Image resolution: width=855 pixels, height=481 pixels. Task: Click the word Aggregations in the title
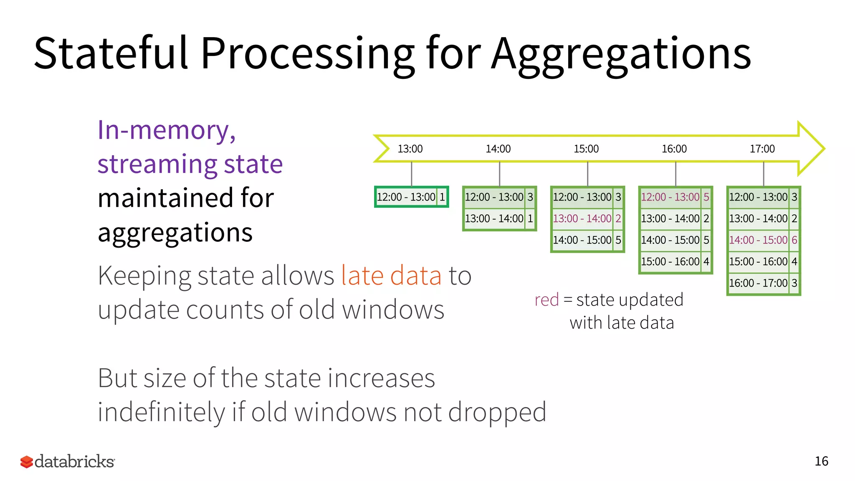[621, 54]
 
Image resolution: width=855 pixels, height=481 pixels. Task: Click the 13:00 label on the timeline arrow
[410, 149]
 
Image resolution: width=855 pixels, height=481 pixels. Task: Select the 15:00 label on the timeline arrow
[586, 149]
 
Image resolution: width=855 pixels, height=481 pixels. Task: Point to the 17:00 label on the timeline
[762, 149]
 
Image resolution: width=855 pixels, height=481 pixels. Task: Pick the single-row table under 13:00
[411, 197]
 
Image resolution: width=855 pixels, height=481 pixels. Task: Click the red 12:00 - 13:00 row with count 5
[675, 197]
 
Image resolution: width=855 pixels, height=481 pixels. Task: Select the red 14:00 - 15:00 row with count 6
[763, 240]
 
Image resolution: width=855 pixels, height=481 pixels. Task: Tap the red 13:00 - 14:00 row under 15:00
[587, 218]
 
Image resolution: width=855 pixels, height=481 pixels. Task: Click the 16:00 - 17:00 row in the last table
[763, 283]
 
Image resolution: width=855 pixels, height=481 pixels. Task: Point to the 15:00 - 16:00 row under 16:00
[675, 262]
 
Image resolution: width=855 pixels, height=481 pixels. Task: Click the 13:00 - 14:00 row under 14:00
[499, 218]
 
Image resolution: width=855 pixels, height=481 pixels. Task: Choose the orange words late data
[391, 276]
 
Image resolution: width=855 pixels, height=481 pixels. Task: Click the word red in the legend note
[546, 300]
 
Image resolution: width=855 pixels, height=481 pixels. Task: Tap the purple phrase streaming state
[190, 164]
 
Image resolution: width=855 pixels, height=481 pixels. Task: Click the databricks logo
[67, 461]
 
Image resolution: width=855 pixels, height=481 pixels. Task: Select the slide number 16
[821, 461]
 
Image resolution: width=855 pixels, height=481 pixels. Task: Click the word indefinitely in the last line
[161, 412]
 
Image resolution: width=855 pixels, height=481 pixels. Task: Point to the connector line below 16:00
[675, 174]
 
